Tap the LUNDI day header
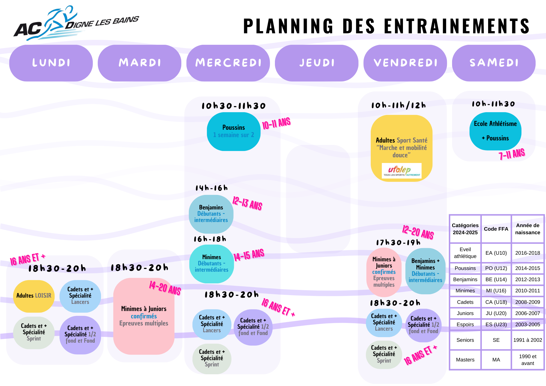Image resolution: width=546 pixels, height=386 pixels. [51, 63]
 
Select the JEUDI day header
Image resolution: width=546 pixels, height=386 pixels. [317, 63]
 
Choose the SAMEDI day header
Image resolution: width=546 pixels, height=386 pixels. [494, 63]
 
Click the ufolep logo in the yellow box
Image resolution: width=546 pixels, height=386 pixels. [401, 171]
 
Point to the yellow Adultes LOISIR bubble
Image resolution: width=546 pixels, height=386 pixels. [34, 296]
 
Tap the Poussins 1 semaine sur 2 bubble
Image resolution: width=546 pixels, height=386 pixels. [233, 132]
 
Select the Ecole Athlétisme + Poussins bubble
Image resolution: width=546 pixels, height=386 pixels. [495, 131]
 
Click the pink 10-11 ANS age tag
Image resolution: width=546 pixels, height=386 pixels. [276, 123]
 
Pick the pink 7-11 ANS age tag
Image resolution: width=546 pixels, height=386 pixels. [512, 154]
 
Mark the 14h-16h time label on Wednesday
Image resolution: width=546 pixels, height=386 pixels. [211, 188]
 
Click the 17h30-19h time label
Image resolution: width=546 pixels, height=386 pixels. [398, 243]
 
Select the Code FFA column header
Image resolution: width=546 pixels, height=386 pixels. [496, 229]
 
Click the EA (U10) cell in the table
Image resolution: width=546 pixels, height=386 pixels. [496, 253]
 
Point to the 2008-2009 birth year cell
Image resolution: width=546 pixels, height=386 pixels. [527, 302]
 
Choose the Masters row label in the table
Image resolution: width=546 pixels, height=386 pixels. [465, 360]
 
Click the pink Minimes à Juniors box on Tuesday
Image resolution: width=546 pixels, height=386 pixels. [144, 316]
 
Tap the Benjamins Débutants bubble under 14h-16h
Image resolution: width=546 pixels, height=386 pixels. [211, 214]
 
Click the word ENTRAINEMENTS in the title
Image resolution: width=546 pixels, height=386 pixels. [456, 26]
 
